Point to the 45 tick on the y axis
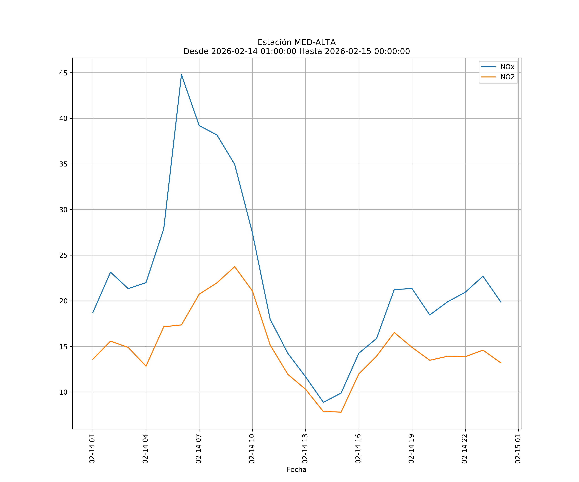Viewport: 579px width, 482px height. click(x=63, y=73)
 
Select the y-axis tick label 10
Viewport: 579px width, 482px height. click(x=63, y=392)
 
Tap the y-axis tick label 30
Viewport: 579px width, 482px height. click(x=63, y=210)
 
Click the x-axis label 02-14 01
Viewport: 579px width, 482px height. click(x=92, y=449)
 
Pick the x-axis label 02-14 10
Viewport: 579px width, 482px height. click(x=252, y=449)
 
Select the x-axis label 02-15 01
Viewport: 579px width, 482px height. click(x=518, y=449)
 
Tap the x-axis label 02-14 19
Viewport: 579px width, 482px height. click(x=411, y=449)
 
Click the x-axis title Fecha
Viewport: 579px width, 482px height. click(x=296, y=470)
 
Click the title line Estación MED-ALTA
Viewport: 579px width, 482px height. click(x=296, y=42)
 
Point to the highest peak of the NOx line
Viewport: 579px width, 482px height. click(x=181, y=75)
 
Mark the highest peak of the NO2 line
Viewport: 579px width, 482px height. click(x=235, y=267)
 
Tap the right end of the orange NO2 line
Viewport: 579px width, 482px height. click(x=501, y=363)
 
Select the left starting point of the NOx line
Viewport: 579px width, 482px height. click(x=93, y=313)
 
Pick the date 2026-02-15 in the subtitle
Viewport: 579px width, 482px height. click(x=348, y=52)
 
